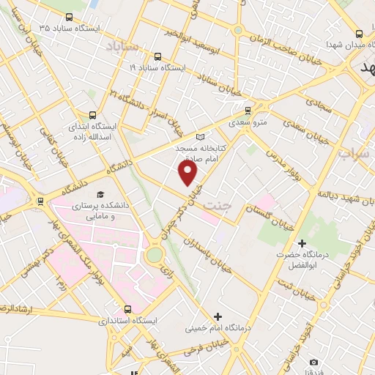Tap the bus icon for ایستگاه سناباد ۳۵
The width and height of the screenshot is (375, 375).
69,17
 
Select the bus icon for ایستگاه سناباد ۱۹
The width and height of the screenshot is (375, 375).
157,56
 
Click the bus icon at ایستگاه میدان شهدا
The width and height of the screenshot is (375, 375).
358,34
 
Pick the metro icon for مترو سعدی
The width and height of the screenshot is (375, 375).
247,111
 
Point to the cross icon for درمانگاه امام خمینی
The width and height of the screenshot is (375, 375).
217,316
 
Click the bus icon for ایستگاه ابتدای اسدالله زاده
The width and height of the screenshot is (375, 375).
92,114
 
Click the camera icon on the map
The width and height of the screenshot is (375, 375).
314,363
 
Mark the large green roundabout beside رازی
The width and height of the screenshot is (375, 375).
155,255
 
